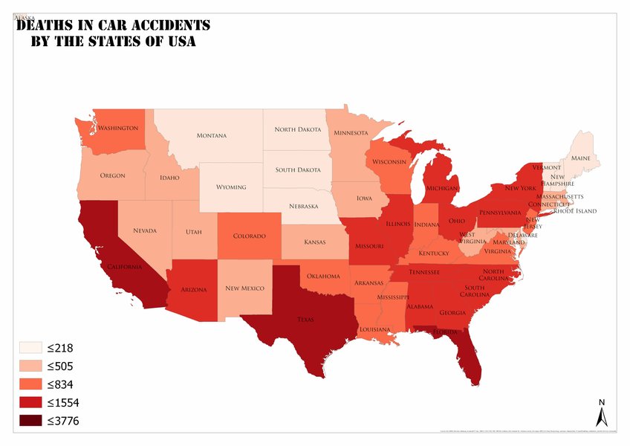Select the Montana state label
212,136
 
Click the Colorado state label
249,236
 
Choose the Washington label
118,128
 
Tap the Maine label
580,158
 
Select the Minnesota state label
351,134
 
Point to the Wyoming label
230,187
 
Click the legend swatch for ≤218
30,347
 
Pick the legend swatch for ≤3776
30,421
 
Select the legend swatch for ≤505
30,366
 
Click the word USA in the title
181,42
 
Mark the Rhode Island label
576,211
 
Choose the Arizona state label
193,289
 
